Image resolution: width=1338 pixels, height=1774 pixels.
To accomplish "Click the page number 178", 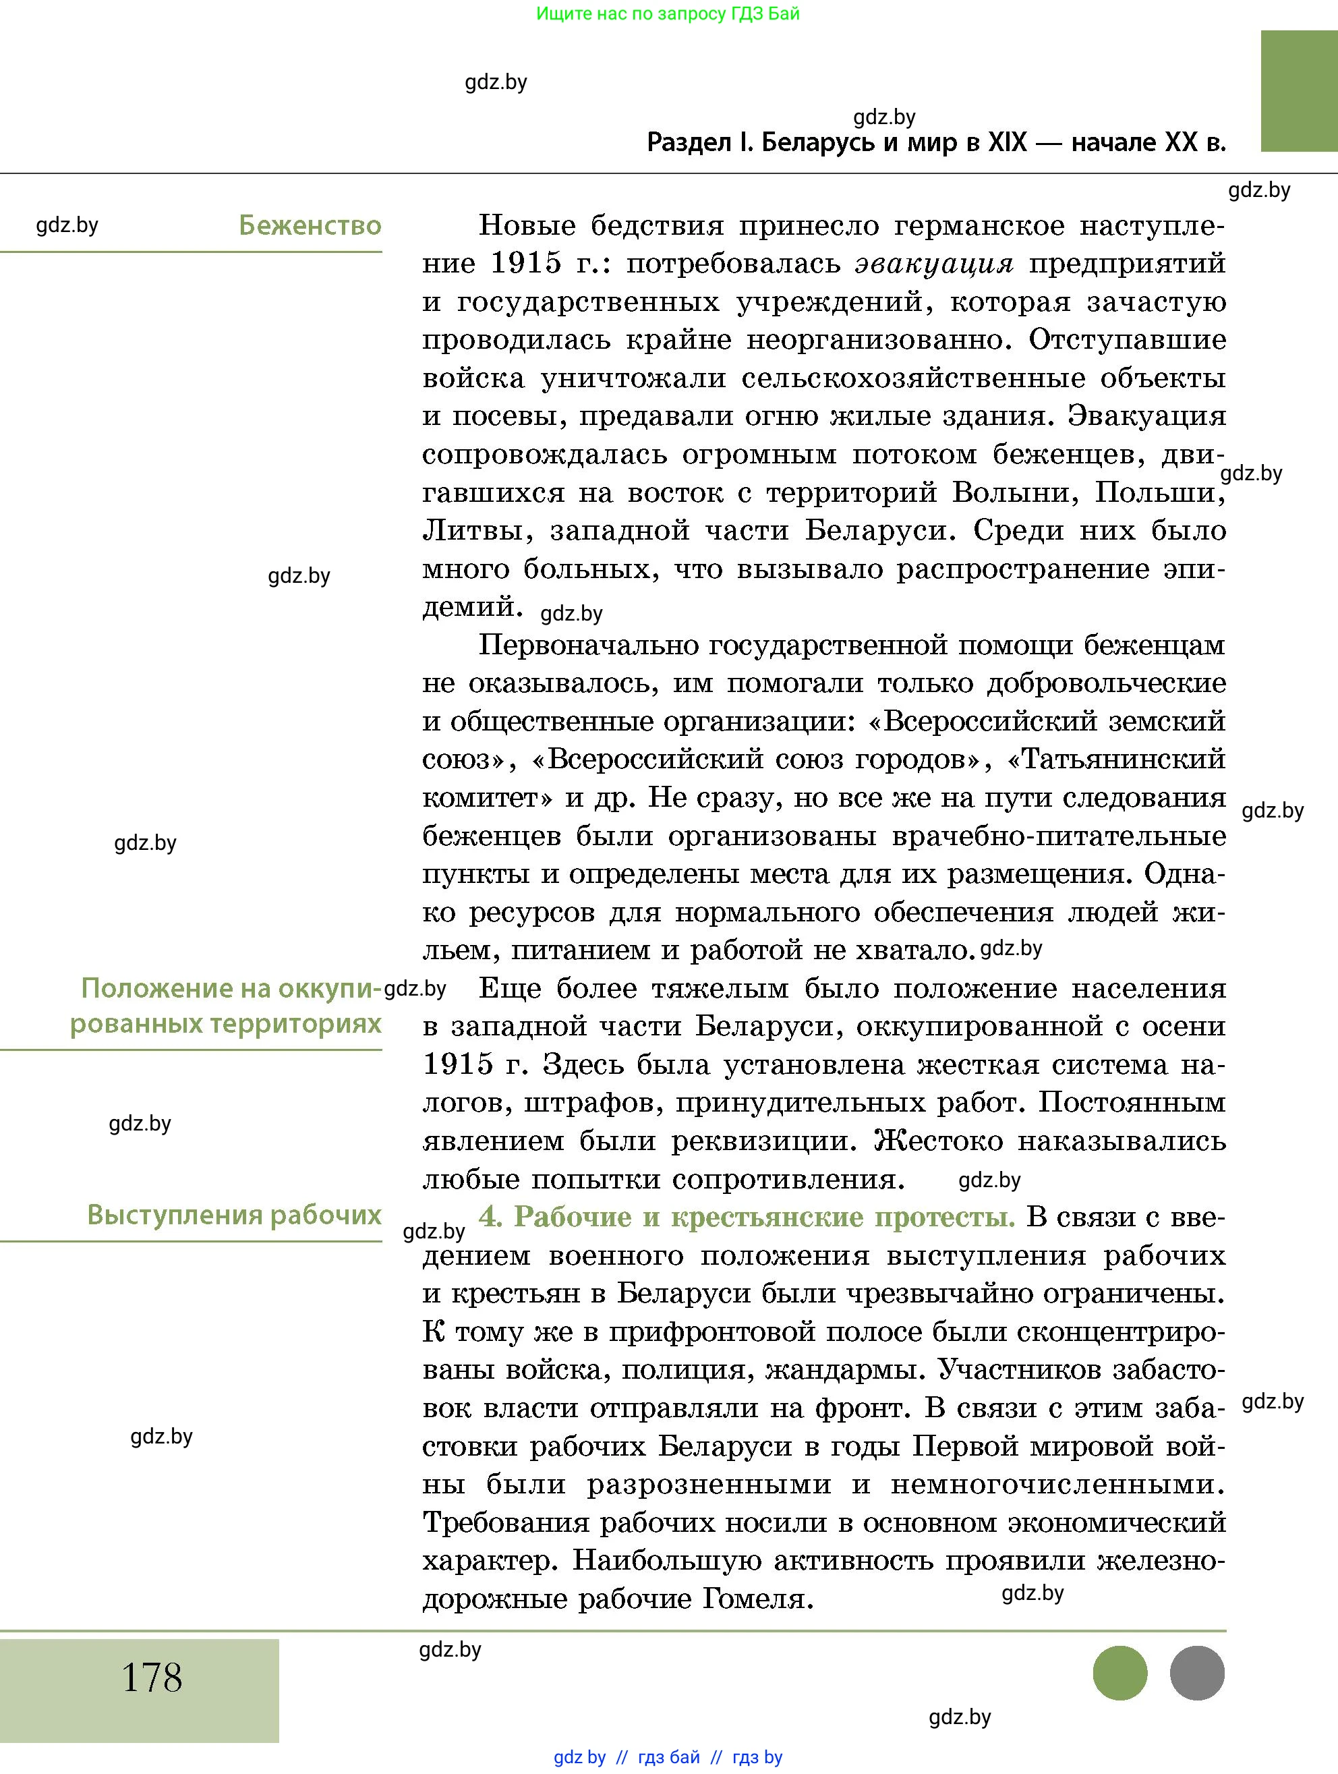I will coord(152,1677).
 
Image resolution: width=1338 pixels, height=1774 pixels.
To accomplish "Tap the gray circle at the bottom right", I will coord(1197,1673).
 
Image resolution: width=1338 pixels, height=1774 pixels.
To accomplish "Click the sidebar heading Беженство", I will coord(310,225).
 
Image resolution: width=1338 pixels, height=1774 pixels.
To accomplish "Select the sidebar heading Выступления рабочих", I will coord(233,1215).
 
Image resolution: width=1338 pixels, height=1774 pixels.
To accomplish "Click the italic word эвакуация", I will coord(934,263).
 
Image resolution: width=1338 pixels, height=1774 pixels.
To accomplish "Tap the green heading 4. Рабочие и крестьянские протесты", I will coord(747,1218).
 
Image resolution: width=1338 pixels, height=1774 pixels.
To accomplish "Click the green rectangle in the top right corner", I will coord(1298,90).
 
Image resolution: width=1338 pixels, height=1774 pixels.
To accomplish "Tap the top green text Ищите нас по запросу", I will coord(667,13).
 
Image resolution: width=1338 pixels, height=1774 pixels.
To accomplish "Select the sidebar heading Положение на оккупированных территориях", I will coord(231,1006).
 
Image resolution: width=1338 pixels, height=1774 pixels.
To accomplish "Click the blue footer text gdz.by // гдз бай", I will coord(667,1757).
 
